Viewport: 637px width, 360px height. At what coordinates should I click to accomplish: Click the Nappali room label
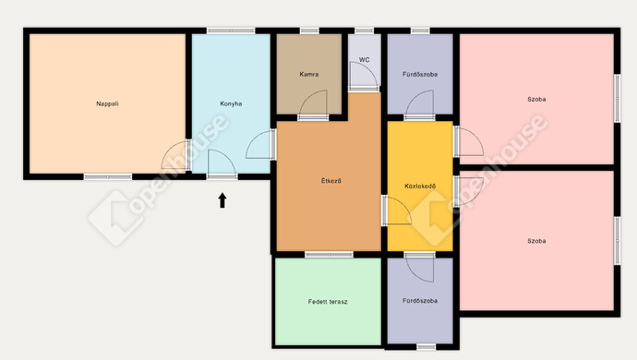107,103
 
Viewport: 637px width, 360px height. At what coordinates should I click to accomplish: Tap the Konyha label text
231,103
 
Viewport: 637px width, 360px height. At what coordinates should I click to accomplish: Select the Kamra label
308,75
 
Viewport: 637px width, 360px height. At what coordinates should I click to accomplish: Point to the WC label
365,60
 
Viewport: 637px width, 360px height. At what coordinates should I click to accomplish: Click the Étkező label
331,181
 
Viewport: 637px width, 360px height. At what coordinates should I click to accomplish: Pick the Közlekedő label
420,186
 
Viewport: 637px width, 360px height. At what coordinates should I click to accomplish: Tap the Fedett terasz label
328,302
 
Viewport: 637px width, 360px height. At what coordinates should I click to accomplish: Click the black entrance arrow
222,200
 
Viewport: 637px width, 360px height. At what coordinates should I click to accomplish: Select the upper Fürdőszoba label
420,75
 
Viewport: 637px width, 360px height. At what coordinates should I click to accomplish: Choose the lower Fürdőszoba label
420,301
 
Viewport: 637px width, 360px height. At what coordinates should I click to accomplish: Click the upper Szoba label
536,99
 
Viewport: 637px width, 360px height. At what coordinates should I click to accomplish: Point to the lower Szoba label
536,241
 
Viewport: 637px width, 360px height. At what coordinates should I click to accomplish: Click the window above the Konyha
231,30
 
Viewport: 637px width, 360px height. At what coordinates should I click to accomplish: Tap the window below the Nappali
108,176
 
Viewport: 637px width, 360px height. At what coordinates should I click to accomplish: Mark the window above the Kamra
309,30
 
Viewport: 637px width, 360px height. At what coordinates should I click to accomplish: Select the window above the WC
364,30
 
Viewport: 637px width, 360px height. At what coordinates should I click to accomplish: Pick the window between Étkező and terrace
329,255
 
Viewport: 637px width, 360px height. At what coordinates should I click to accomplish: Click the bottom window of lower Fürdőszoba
427,347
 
